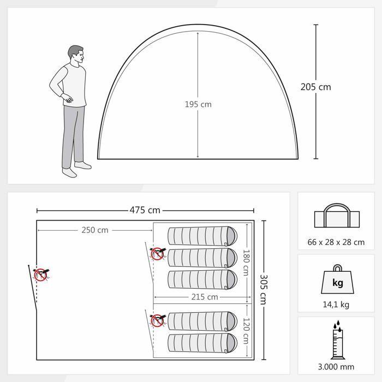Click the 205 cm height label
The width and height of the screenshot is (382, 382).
click(x=315, y=87)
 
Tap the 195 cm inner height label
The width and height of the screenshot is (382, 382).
click(x=198, y=104)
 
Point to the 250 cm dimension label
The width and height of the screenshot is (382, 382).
click(x=95, y=230)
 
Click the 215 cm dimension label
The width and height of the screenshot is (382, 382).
click(x=205, y=297)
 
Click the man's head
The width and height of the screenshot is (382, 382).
click(x=76, y=55)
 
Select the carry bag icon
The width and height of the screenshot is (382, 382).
click(x=336, y=217)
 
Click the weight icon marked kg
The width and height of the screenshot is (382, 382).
click(x=337, y=283)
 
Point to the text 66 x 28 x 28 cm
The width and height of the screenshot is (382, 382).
click(x=337, y=242)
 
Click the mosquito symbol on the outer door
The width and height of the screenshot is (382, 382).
click(x=41, y=274)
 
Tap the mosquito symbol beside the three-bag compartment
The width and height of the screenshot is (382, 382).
click(x=157, y=253)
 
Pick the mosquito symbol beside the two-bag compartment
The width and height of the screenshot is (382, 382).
click(x=157, y=320)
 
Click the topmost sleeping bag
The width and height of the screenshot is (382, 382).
click(x=202, y=236)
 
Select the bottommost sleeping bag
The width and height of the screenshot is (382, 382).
click(x=202, y=343)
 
